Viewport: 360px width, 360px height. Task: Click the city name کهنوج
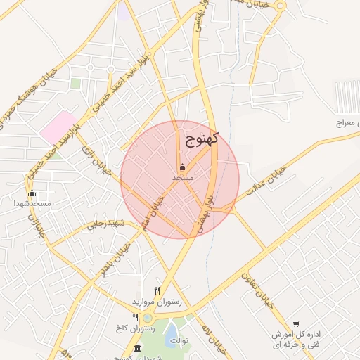[x=202, y=138]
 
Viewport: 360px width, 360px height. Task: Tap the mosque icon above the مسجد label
[x=183, y=167]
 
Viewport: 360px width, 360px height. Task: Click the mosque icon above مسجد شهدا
[x=31, y=193]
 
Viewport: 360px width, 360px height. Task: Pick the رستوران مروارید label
[x=157, y=301]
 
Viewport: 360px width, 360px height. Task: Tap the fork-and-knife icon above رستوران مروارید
[x=157, y=290]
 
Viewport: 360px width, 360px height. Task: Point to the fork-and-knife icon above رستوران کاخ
[x=136, y=318]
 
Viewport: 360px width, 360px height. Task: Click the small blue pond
[x=172, y=334]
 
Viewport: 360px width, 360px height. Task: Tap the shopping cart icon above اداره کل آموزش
[x=296, y=324]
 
